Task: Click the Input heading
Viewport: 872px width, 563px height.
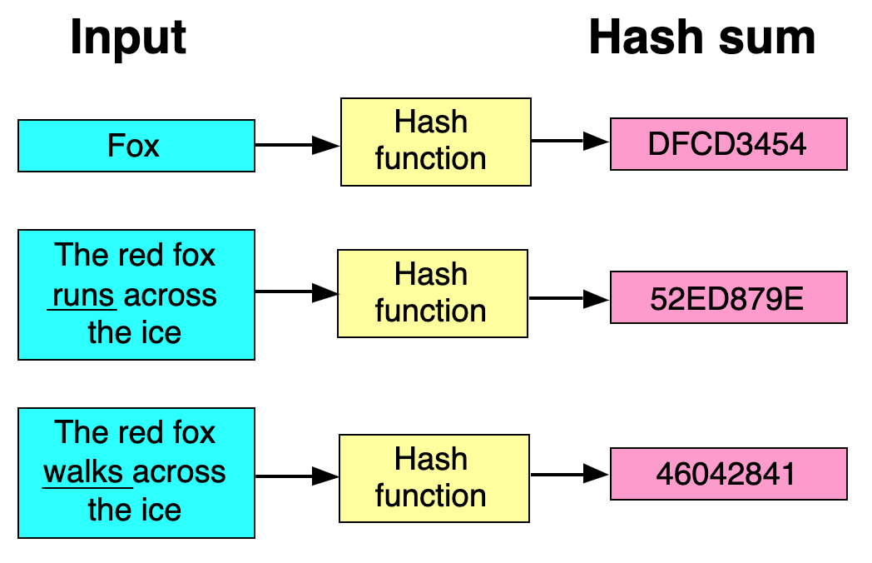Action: pos(128,38)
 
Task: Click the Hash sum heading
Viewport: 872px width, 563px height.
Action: pos(701,38)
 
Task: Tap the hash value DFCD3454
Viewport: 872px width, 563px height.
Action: pos(728,144)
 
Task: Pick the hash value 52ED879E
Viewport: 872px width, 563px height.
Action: pos(728,297)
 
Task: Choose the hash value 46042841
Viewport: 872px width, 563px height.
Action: pos(728,474)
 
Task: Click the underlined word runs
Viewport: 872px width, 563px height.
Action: pos(83,296)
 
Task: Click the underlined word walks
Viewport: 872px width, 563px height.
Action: pos(86,472)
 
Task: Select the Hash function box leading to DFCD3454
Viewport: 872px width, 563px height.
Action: pos(434,141)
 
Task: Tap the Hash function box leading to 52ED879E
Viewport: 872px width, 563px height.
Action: pos(431,293)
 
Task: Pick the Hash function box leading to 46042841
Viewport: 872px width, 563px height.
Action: pos(433,477)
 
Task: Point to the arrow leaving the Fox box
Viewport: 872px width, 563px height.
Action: pos(296,146)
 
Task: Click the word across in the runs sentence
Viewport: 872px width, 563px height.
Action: pos(172,296)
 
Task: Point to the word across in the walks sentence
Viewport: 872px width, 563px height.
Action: pos(180,472)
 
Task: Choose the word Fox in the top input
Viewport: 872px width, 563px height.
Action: pos(133,146)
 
